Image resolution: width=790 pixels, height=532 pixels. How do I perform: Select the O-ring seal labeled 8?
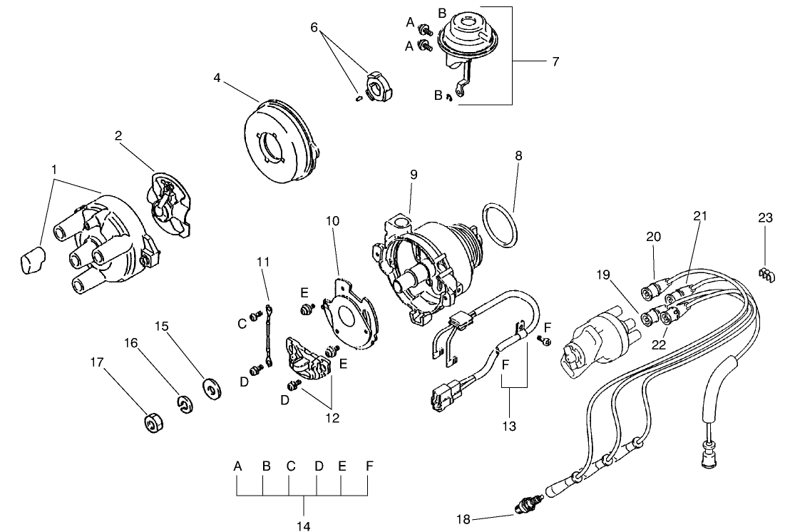pyautogui.click(x=500, y=227)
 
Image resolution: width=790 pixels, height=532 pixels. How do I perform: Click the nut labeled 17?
pyautogui.click(x=152, y=423)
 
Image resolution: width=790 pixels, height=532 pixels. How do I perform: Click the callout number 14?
pyautogui.click(x=304, y=527)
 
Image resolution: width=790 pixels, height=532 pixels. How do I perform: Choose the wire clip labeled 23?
pyautogui.click(x=764, y=274)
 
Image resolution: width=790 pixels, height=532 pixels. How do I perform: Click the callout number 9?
pyautogui.click(x=414, y=174)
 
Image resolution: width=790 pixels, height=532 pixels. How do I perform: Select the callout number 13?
pyautogui.click(x=508, y=426)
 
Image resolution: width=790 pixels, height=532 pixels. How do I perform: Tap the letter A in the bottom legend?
pyautogui.click(x=238, y=466)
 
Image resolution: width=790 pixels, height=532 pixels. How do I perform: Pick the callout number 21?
pyautogui.click(x=699, y=216)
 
